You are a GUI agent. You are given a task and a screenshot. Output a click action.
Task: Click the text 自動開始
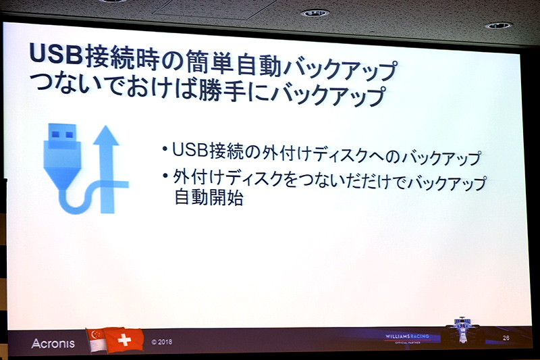pyautogui.click(x=203, y=199)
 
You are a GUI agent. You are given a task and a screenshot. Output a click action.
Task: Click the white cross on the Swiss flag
pyautogui.click(x=124, y=340)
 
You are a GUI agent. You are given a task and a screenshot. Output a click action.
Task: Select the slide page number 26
pyautogui.click(x=506, y=337)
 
